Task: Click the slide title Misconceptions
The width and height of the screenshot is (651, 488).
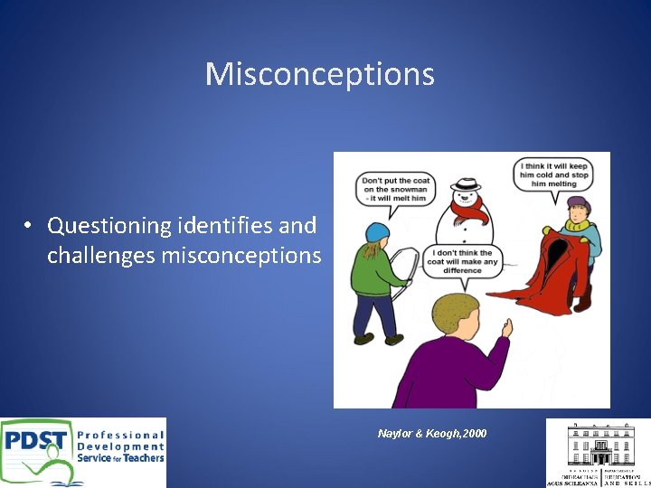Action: (x=319, y=74)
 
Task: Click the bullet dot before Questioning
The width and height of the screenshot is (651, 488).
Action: (x=30, y=225)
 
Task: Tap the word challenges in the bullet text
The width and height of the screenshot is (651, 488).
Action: (x=101, y=256)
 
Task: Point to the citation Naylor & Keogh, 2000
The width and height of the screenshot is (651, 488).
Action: (x=431, y=434)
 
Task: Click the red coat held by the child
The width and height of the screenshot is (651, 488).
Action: (x=552, y=267)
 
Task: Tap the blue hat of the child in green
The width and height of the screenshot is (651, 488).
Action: (x=376, y=231)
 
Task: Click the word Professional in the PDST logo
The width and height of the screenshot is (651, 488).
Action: (x=120, y=435)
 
